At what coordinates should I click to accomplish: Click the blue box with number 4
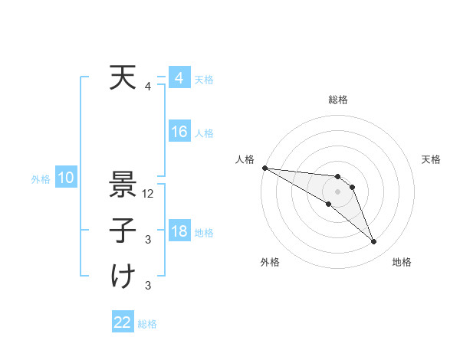tap(179, 79)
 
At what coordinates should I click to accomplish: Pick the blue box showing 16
tap(179, 133)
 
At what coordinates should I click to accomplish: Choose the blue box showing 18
tap(179, 232)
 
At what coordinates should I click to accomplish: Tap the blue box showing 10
tap(66, 178)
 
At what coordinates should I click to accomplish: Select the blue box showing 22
tap(123, 323)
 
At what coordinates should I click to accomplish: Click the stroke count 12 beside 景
tap(149, 195)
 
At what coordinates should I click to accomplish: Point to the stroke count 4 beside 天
tap(148, 87)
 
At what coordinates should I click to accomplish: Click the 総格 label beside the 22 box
tap(148, 324)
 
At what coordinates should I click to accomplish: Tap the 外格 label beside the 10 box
tap(41, 179)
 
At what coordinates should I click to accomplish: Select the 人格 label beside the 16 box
tap(204, 133)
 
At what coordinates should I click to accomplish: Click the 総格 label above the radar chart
tap(338, 100)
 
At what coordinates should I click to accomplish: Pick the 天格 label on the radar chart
tap(432, 159)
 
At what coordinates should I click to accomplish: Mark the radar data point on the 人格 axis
tap(264, 168)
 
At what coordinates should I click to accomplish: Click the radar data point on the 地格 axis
tap(374, 242)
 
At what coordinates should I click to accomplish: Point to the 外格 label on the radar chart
tap(269, 263)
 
